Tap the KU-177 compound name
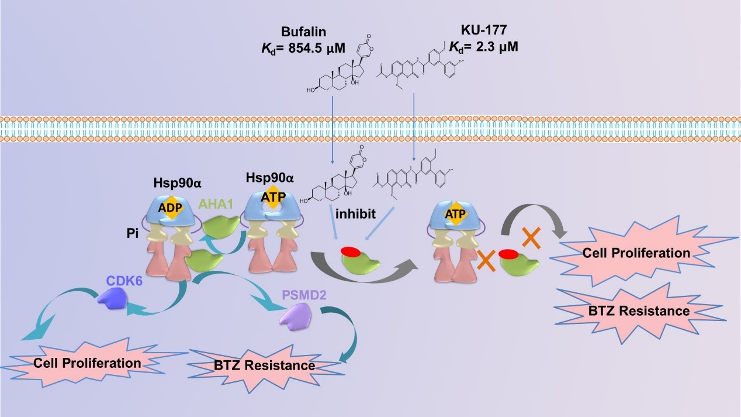(x=486, y=29)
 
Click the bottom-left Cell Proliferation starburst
(x=88, y=363)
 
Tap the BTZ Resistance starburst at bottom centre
(x=264, y=366)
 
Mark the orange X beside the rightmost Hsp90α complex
(x=487, y=259)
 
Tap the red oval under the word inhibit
(x=350, y=252)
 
